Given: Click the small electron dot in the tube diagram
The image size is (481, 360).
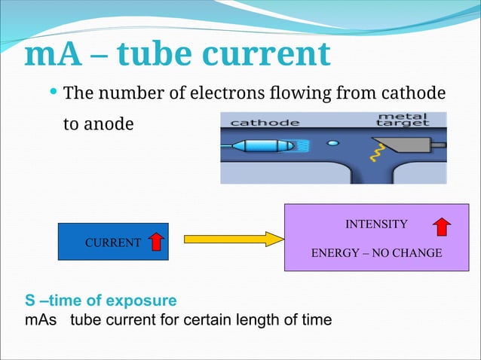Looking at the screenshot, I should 333,141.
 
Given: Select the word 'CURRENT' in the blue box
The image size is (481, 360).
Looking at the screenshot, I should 112,243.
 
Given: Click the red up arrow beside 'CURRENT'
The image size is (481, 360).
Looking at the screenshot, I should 156,242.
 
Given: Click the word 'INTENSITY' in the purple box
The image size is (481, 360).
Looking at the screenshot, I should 376,224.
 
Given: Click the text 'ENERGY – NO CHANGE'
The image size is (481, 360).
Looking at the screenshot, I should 376,253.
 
